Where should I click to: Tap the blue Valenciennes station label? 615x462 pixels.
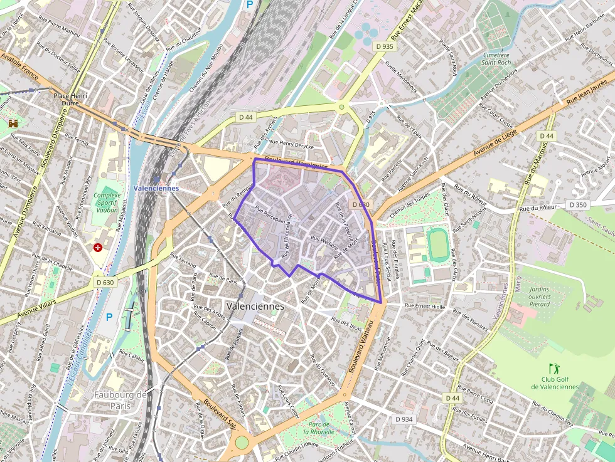coord(156,188)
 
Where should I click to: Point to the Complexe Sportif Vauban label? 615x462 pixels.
coord(107,203)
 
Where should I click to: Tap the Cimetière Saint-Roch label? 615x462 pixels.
coord(496,59)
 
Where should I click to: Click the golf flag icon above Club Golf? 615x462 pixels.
coord(553,368)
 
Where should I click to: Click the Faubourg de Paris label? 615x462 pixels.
coord(120,400)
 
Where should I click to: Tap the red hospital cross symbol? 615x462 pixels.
coord(98,248)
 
